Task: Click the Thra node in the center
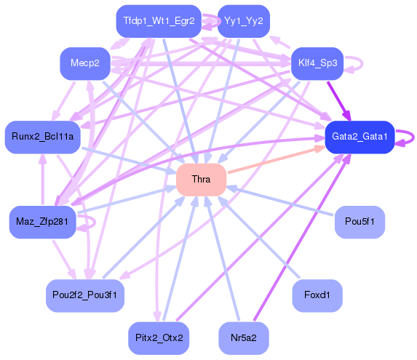coord(201,179)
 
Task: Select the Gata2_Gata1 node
coord(360,137)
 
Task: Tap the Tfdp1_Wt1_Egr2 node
coord(159,21)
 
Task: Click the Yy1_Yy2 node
coord(244,21)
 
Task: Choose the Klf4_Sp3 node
coord(317,63)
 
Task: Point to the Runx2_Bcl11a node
coord(42,137)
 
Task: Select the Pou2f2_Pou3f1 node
coord(84,295)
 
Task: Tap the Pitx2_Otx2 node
coord(159,338)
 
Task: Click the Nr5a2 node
coord(244,338)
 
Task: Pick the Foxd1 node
coord(317,295)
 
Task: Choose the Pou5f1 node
coord(360,222)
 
